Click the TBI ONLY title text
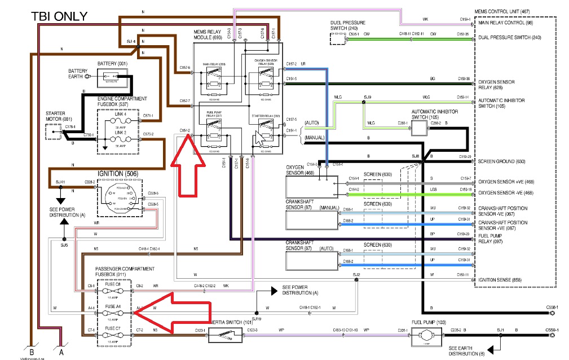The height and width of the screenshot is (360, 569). [x=59, y=16]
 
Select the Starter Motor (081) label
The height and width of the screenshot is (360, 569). [x=59, y=116]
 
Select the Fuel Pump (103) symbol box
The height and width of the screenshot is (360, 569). [x=423, y=337]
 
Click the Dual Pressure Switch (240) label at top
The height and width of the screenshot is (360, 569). [x=347, y=25]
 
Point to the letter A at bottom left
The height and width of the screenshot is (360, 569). [x=61, y=352]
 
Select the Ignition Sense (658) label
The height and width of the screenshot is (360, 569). [x=501, y=279]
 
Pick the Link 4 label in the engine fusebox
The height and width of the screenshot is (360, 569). [x=120, y=115]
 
